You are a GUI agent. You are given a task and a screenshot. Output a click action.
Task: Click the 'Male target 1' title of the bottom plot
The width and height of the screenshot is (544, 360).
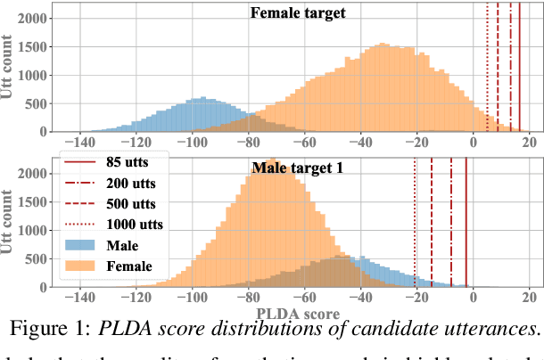click(299, 167)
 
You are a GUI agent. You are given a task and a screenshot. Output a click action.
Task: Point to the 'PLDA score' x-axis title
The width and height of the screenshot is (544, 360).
click(298, 314)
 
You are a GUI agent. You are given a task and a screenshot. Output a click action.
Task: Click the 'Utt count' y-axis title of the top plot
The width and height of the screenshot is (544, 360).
click(11, 67)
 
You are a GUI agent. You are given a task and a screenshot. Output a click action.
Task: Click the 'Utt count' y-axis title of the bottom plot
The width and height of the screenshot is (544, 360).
click(11, 220)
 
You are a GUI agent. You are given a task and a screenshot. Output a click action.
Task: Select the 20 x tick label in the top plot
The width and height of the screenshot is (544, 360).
click(530, 143)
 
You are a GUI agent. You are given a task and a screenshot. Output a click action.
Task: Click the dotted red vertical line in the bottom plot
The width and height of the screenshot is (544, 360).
click(416, 223)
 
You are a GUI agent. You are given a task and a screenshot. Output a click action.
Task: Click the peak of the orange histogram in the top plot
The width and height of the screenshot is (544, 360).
click(381, 45)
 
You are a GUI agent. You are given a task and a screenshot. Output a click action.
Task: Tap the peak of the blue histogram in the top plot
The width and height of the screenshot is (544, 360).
click(202, 97)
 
